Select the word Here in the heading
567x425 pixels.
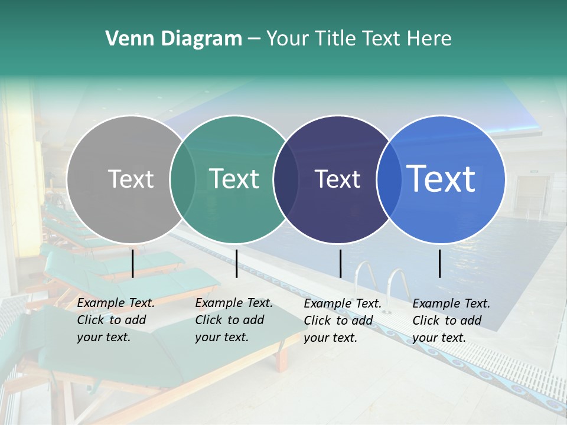[430, 39]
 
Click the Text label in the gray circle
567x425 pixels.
[131, 179]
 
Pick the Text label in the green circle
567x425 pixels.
[234, 179]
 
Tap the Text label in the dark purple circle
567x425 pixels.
[337, 179]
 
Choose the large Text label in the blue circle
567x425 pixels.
[441, 179]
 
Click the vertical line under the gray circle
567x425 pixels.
[132, 263]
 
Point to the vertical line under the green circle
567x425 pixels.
[236, 263]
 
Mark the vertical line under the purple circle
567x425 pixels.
[340, 263]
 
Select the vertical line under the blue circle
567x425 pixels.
[440, 263]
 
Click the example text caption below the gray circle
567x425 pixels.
[115, 321]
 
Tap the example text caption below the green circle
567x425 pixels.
[233, 321]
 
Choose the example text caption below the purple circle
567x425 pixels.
[342, 321]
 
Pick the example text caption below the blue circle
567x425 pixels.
[451, 321]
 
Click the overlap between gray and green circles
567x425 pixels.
[183, 179]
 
